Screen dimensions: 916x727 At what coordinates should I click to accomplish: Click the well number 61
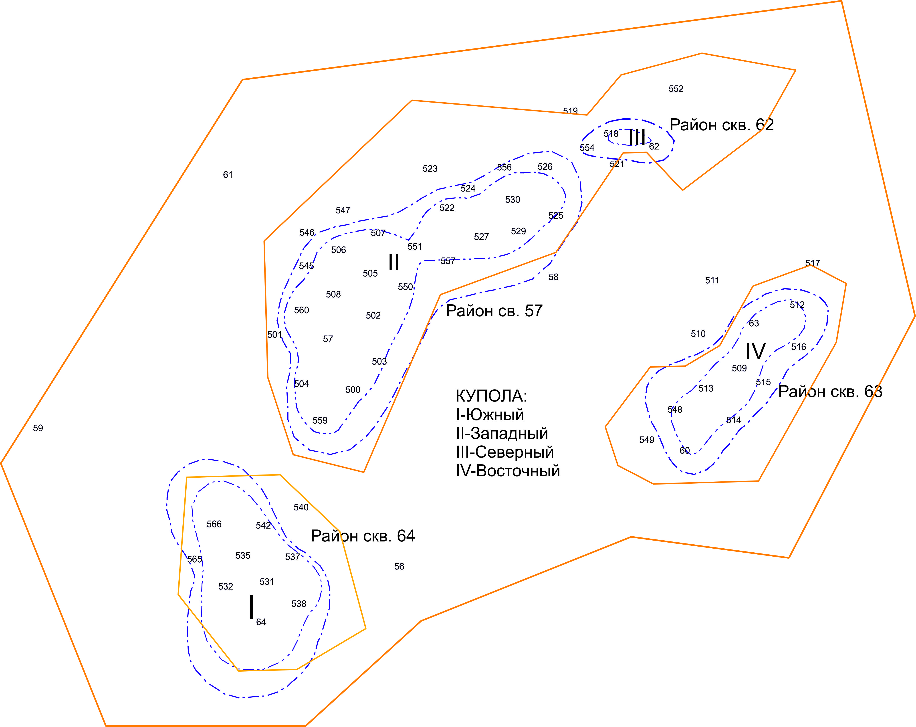(228, 175)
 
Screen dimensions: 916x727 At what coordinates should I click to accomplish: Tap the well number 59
(38, 428)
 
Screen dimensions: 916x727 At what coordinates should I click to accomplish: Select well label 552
(676, 89)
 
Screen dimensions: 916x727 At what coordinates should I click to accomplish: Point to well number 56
(399, 566)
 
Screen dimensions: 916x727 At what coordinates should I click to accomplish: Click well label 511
(712, 281)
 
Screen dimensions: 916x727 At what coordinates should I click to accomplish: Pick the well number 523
(430, 169)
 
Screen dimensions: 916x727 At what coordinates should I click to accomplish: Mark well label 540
(301, 507)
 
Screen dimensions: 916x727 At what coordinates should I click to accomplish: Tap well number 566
(214, 524)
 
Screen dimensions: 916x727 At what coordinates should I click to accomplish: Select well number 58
(553, 277)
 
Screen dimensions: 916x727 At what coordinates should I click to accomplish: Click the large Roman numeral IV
(756, 351)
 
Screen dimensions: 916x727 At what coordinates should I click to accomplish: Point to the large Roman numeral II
(393, 263)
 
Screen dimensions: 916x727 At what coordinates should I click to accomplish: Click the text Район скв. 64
(363, 536)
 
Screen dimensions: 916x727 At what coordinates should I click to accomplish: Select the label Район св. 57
(494, 311)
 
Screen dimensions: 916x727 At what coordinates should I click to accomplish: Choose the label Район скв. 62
(721, 125)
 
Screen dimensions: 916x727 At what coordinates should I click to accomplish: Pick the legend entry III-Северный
(505, 452)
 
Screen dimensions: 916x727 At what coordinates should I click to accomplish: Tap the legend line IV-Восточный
(508, 471)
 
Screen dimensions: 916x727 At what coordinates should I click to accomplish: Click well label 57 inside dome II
(328, 339)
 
